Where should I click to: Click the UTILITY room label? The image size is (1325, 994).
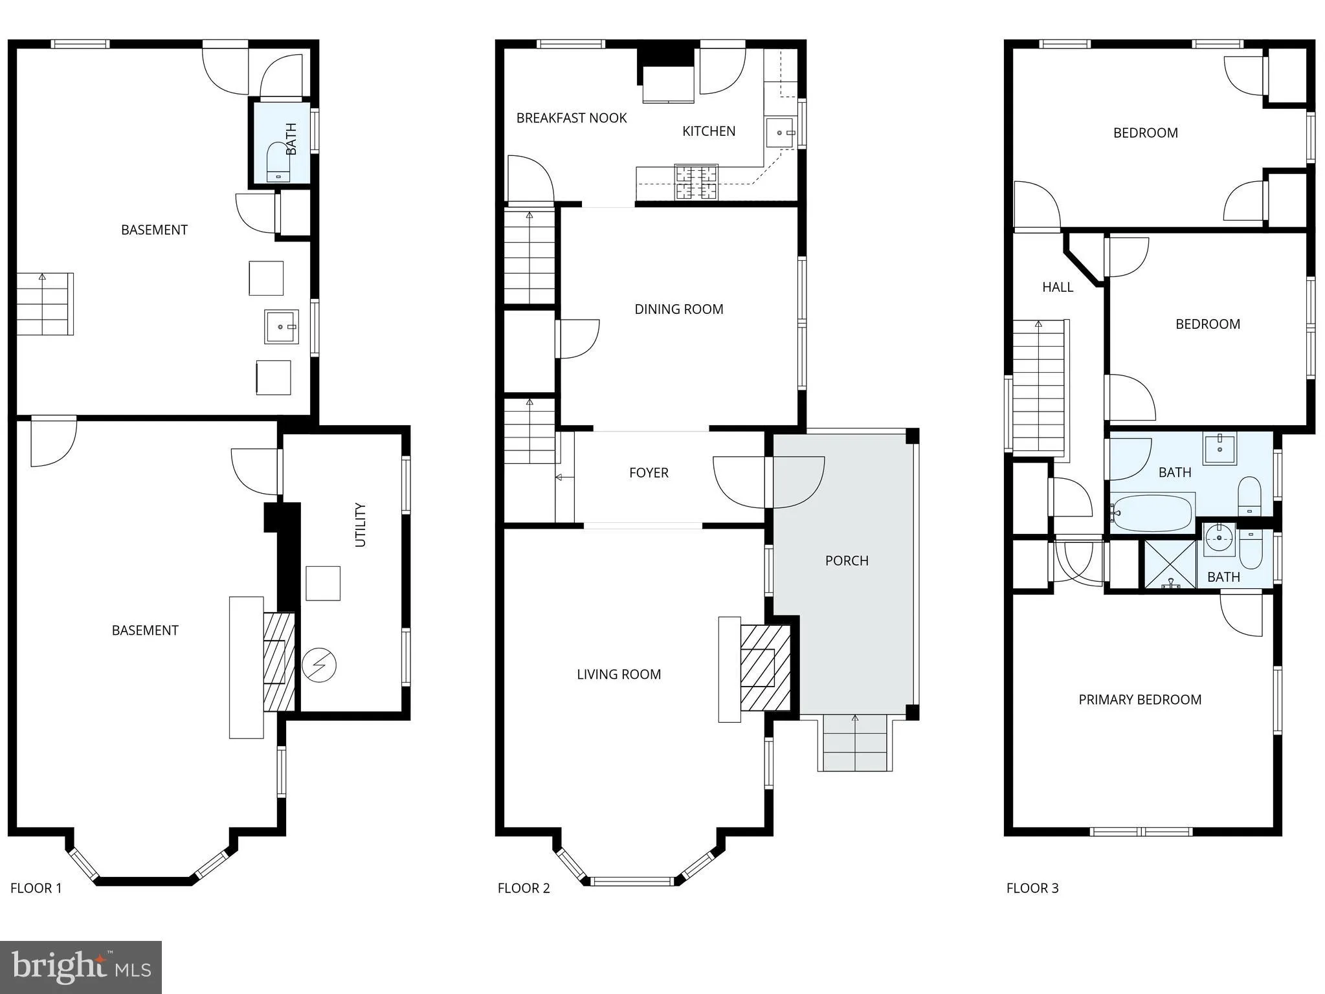point(361,525)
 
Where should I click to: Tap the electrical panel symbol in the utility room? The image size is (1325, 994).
point(319,665)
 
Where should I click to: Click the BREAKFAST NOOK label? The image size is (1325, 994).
point(572,118)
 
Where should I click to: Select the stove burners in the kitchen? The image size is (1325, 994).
point(696,182)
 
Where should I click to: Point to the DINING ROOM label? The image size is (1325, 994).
point(678,309)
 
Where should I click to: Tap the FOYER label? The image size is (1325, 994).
point(649,473)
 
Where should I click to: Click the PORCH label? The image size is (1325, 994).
point(847,560)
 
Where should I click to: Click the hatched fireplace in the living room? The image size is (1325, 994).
point(764,668)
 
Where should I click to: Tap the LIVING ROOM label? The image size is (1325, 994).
point(619,674)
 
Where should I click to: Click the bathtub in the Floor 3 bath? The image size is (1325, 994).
point(1153,513)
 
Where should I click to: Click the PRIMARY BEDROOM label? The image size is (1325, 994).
point(1140,700)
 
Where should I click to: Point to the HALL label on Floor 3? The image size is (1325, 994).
point(1058,287)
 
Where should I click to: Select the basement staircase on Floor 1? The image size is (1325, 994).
point(44,304)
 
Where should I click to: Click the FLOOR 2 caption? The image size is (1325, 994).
point(524,888)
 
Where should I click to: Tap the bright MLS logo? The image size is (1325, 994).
point(81,967)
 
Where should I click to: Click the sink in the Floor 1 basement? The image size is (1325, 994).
point(281,327)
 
